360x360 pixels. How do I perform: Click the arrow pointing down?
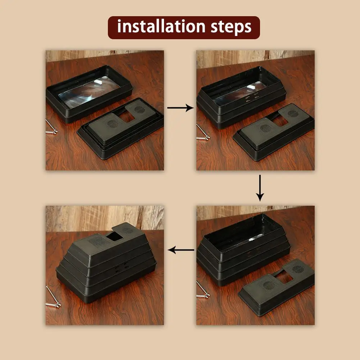[x=260, y=188]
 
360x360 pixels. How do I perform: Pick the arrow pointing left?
[x=181, y=249]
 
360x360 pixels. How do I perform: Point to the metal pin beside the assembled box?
[x=52, y=299]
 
